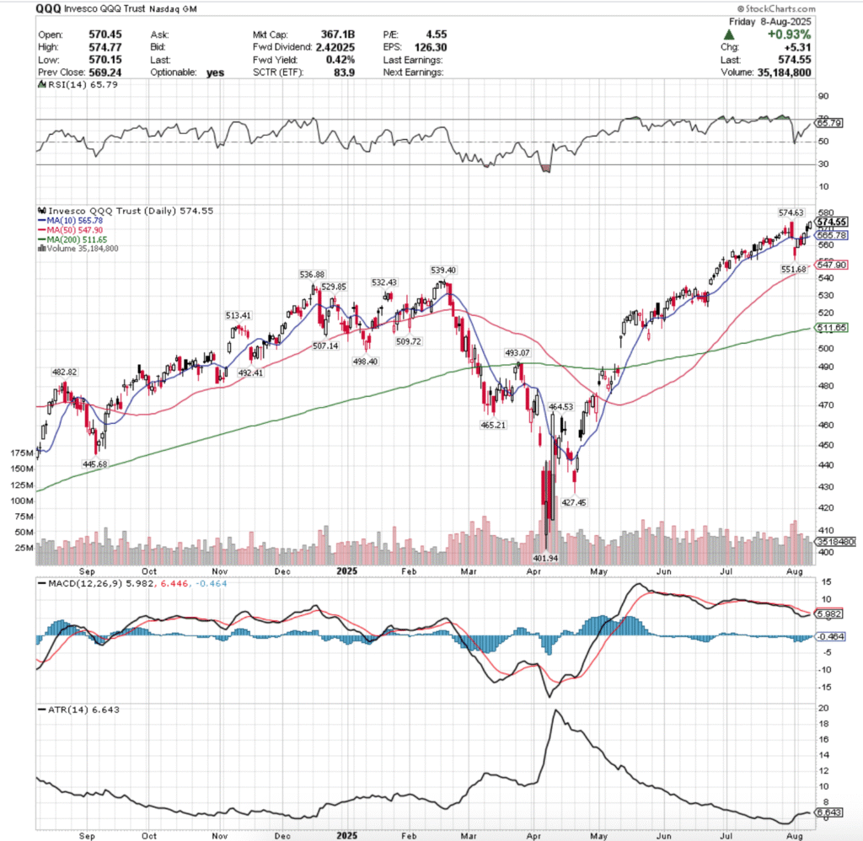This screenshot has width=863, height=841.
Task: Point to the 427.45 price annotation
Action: tap(573, 501)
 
